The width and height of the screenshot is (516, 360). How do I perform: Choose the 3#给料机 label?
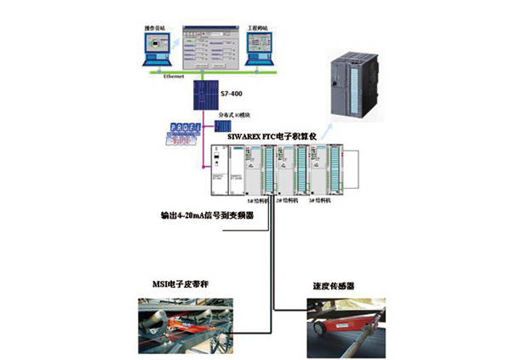coord(330,204)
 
